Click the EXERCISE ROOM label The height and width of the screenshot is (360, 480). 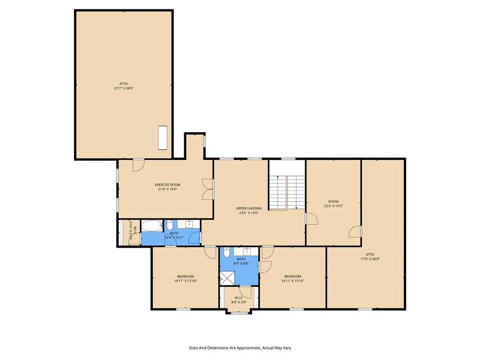pos(167,185)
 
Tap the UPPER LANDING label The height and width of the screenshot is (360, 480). pos(248,209)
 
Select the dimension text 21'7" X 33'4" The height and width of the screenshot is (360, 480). pos(124,88)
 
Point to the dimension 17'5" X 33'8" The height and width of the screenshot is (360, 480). pos(370,259)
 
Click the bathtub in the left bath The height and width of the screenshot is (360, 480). pos(152,226)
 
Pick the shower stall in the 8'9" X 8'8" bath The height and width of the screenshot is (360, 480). pos(227,278)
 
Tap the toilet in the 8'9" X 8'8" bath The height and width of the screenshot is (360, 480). pos(226,252)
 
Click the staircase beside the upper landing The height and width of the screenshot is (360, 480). pos(287,193)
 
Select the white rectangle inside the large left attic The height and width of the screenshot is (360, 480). pos(163,137)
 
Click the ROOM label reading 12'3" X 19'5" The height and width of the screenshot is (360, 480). pos(333,202)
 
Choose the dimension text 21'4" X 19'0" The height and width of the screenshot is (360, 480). pos(167,189)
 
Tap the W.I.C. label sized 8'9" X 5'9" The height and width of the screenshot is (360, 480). pos(239,298)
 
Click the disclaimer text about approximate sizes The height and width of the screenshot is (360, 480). pos(240,348)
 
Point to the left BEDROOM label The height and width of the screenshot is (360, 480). pos(185,277)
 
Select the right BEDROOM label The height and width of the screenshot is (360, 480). pos(292,277)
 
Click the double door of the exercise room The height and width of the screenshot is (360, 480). pos(208,189)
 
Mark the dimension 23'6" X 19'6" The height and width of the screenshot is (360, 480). pos(249,213)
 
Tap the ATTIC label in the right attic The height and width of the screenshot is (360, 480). pos(370,255)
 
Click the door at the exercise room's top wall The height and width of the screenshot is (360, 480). pos(138,165)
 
